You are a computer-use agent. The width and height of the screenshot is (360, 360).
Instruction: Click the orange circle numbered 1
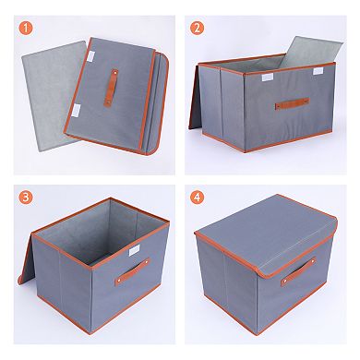pyautogui.click(x=26, y=28)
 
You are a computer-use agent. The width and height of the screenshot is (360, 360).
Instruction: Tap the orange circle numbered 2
pyautogui.click(x=197, y=28)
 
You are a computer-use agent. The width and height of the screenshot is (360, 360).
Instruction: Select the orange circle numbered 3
pyautogui.click(x=26, y=198)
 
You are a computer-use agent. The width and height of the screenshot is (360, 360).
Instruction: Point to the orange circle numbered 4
pyautogui.click(x=197, y=198)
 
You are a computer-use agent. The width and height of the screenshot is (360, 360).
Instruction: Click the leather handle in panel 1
pyautogui.click(x=111, y=89)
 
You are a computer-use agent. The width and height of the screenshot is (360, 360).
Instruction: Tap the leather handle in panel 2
pyautogui.click(x=292, y=103)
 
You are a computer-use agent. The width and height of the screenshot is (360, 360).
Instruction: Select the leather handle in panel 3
pyautogui.click(x=132, y=271)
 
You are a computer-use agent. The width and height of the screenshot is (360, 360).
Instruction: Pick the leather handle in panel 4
pyautogui.click(x=298, y=271)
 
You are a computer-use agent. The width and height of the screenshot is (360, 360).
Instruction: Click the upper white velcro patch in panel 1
pyautogui.click(x=91, y=55)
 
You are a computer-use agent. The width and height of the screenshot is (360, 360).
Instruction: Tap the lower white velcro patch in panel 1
pyautogui.click(x=76, y=111)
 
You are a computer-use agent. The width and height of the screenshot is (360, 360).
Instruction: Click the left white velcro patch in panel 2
pyautogui.click(x=267, y=78)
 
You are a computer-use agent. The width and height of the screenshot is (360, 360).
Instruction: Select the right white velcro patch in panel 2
pyautogui.click(x=318, y=71)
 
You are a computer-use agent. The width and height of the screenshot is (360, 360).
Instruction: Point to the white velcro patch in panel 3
pyautogui.click(x=134, y=250)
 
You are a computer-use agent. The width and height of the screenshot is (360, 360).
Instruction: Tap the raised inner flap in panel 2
pyautogui.click(x=311, y=52)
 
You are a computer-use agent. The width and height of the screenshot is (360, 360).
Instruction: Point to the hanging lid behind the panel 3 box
pyautogui.click(x=26, y=260)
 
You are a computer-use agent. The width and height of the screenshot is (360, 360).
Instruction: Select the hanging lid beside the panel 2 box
pyautogui.click(x=194, y=99)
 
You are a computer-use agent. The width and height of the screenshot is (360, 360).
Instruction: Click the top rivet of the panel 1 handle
pyautogui.click(x=115, y=73)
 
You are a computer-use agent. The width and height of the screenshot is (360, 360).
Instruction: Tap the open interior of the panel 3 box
pyautogui.click(x=99, y=233)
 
